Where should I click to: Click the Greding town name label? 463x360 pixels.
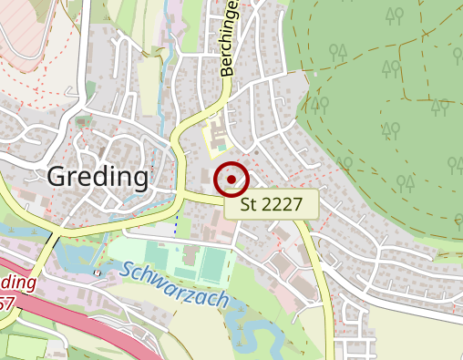pyautogui.click(x=96, y=177)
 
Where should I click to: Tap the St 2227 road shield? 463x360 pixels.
pyautogui.click(x=272, y=203)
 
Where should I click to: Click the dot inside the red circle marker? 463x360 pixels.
pyautogui.click(x=232, y=178)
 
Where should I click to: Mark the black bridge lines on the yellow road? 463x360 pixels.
pyautogui.click(x=55, y=239)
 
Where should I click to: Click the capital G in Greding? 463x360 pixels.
pyautogui.click(x=56, y=177)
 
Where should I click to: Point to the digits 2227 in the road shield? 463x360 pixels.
pyautogui.click(x=282, y=203)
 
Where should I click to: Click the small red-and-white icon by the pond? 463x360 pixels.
pyautogui.click(x=97, y=272)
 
